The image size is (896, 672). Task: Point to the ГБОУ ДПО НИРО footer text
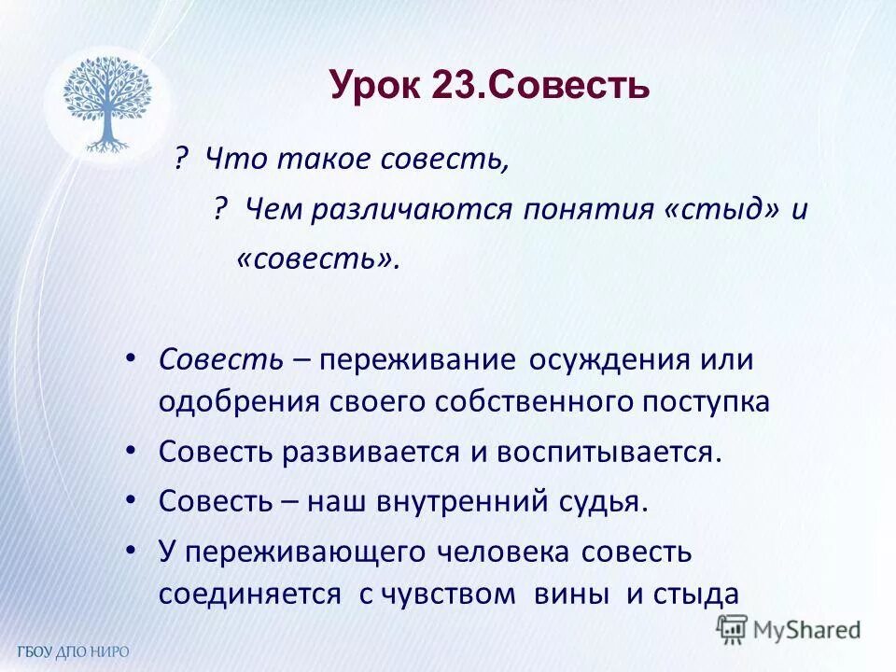[x=73, y=651]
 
